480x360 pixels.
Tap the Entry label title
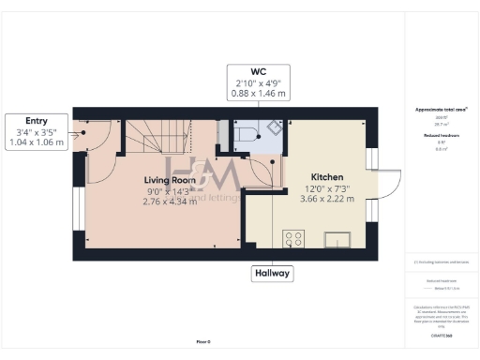pyautogui.click(x=35, y=121)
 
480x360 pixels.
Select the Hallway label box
pyautogui.click(x=272, y=274)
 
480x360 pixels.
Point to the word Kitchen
pyautogui.click(x=327, y=176)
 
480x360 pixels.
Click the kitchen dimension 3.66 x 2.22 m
pyautogui.click(x=327, y=199)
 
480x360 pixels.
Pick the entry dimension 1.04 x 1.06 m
pyautogui.click(x=35, y=143)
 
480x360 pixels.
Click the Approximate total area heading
pyautogui.click(x=442, y=109)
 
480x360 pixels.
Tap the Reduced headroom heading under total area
pyautogui.click(x=442, y=136)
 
